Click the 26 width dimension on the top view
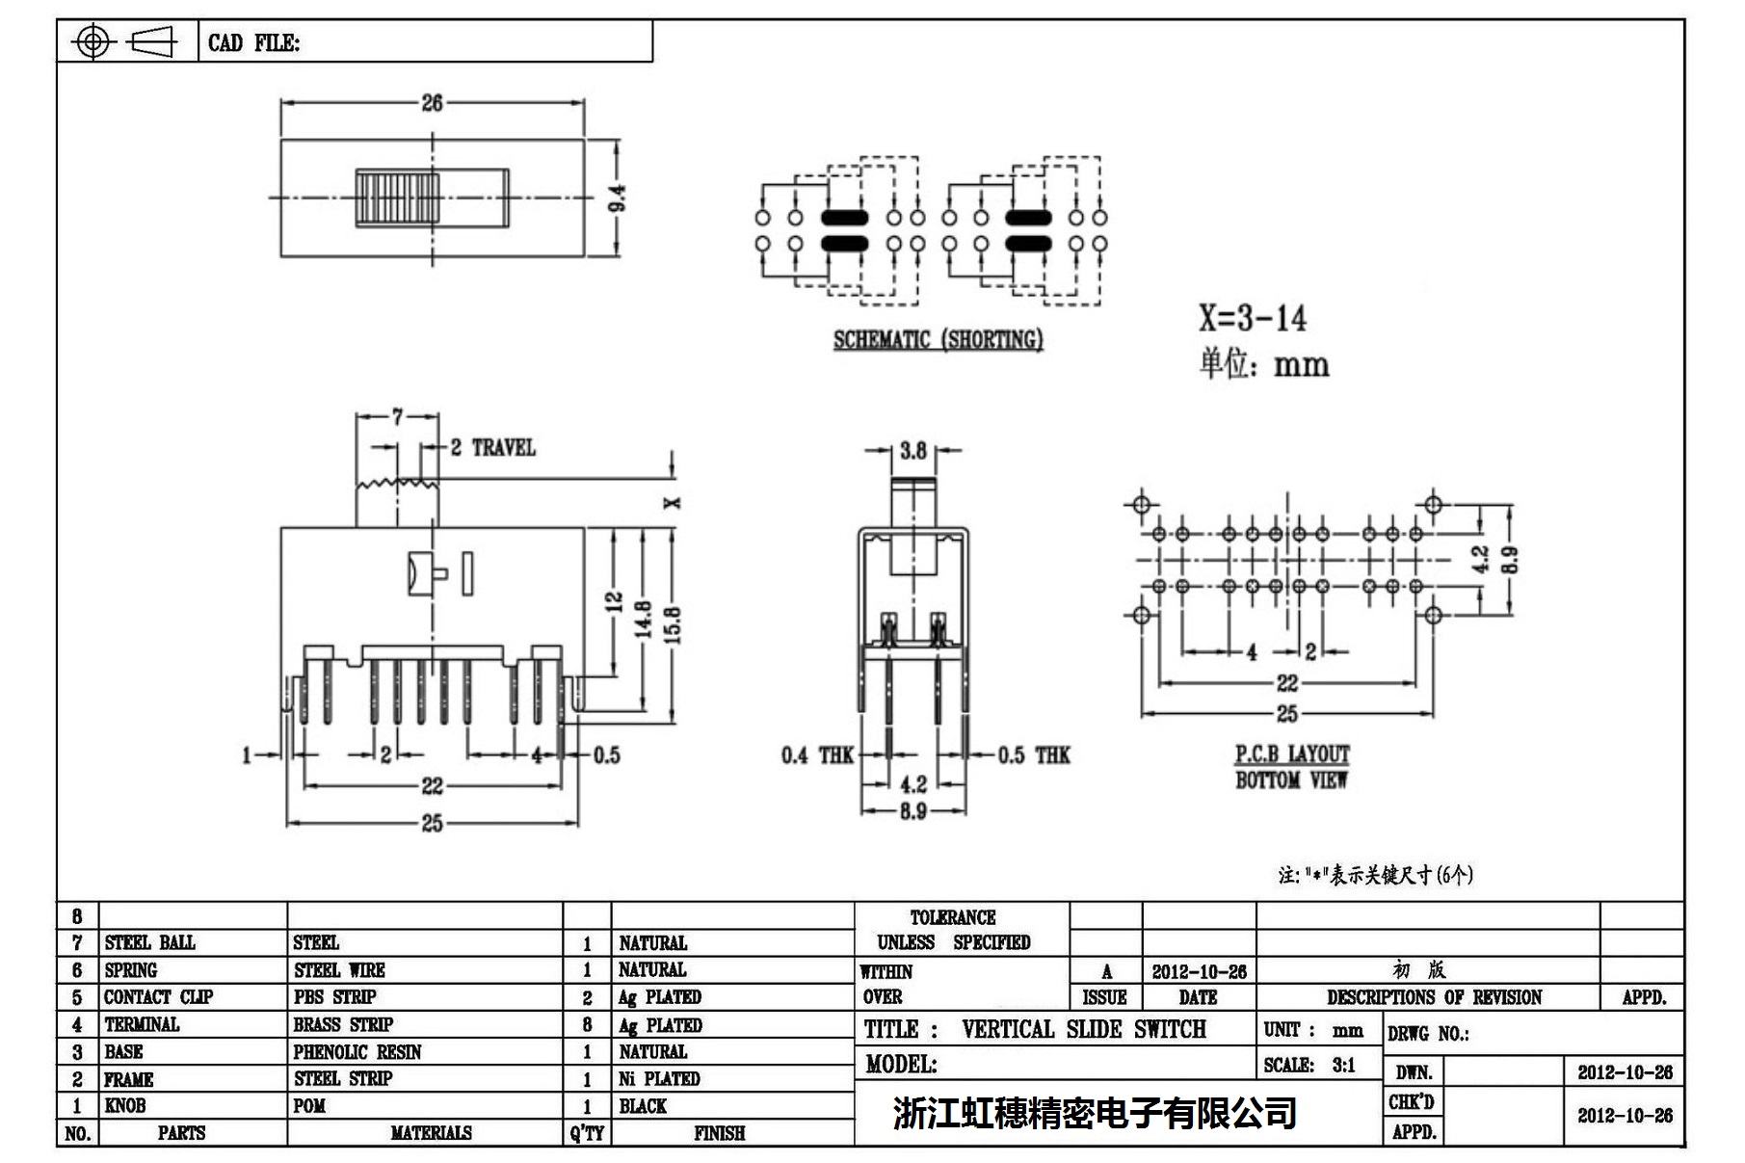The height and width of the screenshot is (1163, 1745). pos(432,102)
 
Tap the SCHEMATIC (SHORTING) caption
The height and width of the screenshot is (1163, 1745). pos(938,340)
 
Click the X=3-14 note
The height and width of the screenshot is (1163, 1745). pos(1252,318)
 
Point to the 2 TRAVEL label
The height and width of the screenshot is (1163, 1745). pos(492,447)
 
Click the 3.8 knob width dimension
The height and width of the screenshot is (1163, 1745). pos(912,450)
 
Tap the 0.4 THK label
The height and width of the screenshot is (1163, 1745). pos(817,755)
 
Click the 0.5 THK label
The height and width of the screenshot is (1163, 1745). pos(1033,755)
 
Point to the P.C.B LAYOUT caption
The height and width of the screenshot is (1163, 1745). pos(1291,754)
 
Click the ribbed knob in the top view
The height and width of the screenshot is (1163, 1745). pos(397,198)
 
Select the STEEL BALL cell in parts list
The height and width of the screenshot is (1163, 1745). pos(149,942)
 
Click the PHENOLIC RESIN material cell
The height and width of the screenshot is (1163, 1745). pos(357,1052)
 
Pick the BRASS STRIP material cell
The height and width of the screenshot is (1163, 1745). pos(343,1024)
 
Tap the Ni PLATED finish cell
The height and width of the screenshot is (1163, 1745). pos(659,1079)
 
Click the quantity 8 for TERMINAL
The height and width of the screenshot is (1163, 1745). pos(587,1024)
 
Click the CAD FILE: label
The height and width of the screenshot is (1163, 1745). pos(253,43)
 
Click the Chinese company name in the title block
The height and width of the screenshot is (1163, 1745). pos(1094,1114)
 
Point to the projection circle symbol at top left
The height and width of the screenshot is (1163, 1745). pos(93,42)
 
